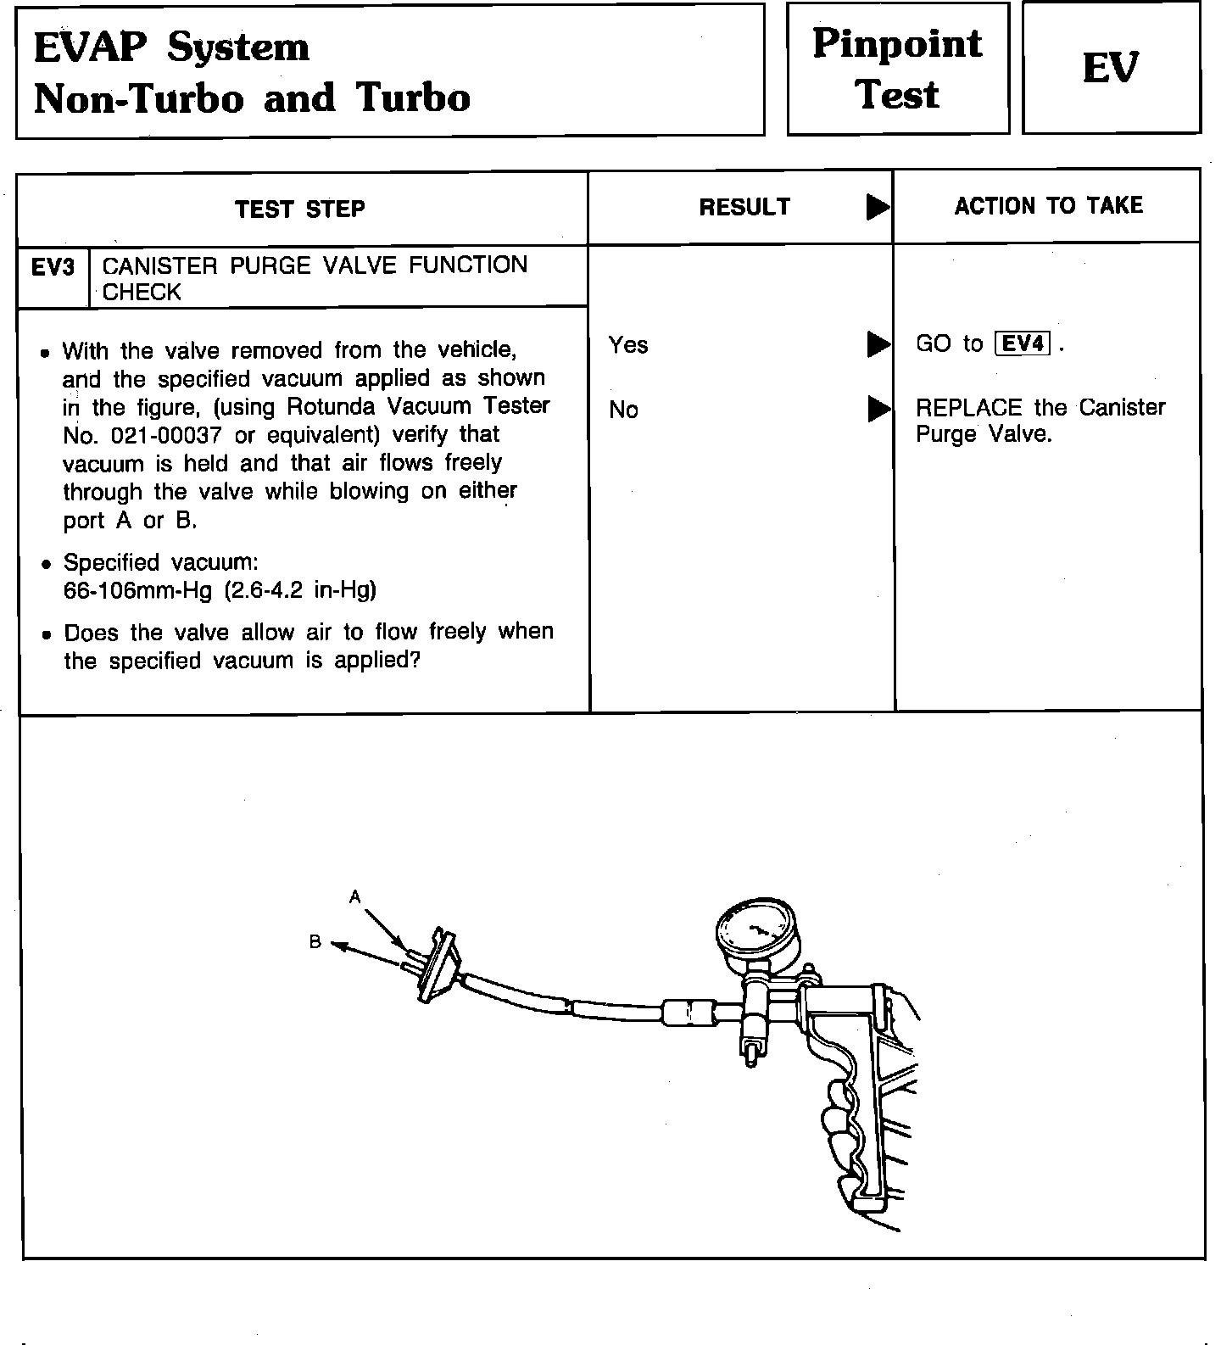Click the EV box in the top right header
(1111, 68)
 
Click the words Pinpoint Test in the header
(897, 68)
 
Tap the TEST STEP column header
(300, 209)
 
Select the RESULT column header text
(744, 207)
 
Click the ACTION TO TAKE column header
(1049, 206)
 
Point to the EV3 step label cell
(53, 268)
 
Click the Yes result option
(628, 345)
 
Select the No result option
(623, 410)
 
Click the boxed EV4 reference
(1023, 343)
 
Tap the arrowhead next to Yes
(878, 345)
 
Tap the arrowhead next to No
(878, 410)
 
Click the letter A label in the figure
(355, 896)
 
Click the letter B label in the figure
(315, 941)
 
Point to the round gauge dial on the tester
(756, 933)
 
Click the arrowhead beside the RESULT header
(878, 208)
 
